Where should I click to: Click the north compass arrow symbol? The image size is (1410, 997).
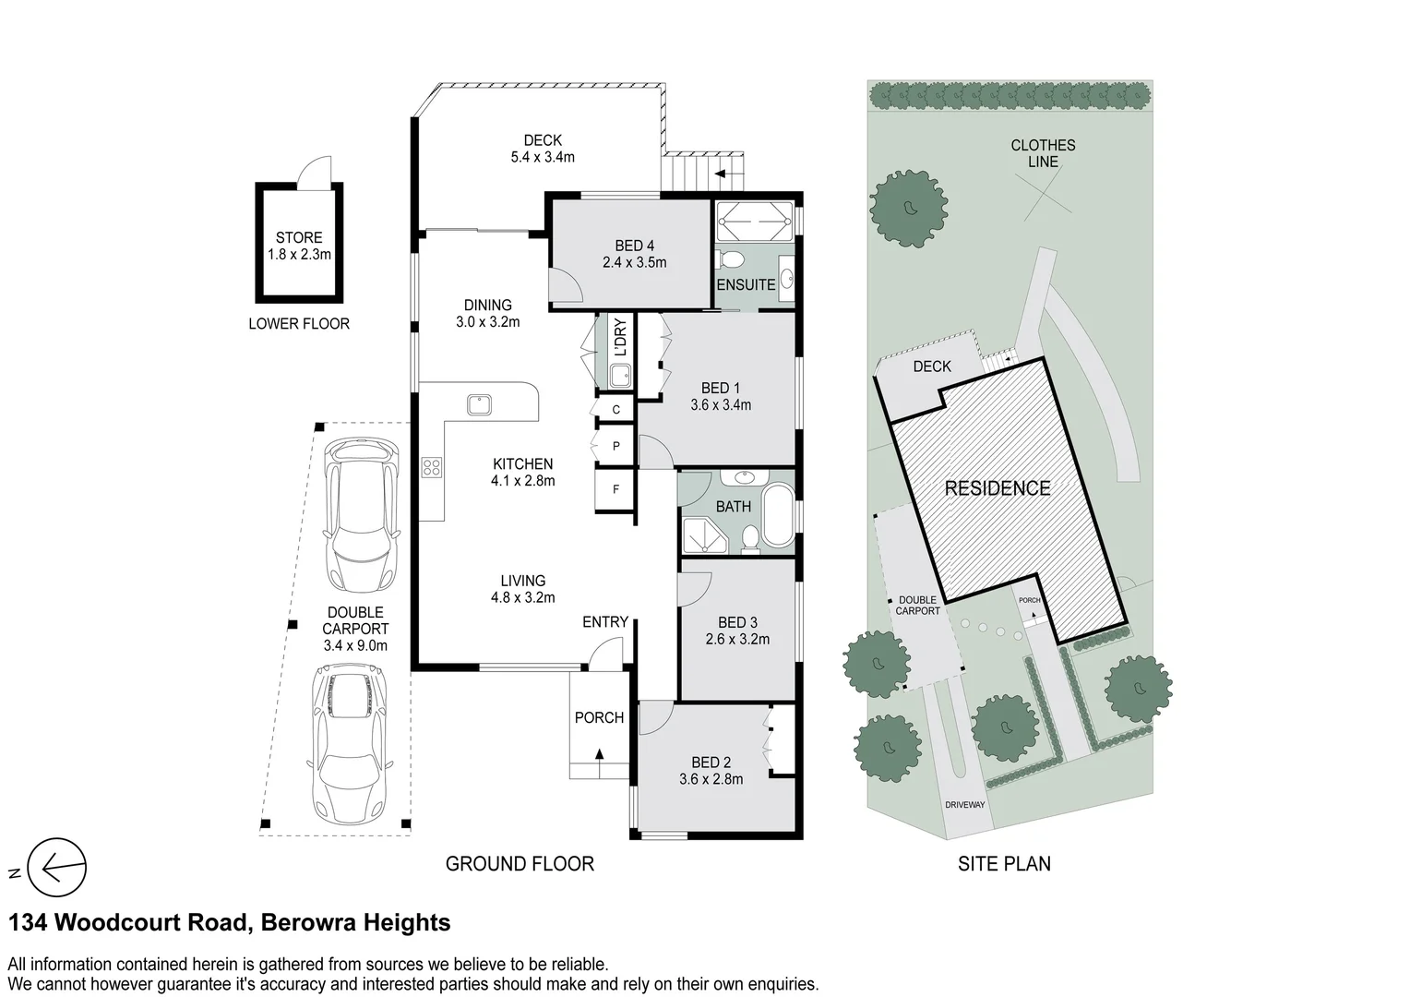pos(57,867)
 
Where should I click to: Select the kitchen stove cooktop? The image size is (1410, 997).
pos(432,467)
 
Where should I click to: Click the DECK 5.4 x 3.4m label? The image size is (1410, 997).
pos(543,149)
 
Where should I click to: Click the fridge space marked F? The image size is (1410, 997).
pos(615,490)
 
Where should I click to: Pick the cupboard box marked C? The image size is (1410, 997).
pos(615,409)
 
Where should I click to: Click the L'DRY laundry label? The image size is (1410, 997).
pos(620,338)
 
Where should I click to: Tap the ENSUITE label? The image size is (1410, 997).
pos(746,285)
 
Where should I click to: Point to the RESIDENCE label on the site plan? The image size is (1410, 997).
pos(997,488)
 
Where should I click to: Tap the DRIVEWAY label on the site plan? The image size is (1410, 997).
pos(964,805)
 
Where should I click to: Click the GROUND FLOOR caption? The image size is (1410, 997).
pos(520,864)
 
